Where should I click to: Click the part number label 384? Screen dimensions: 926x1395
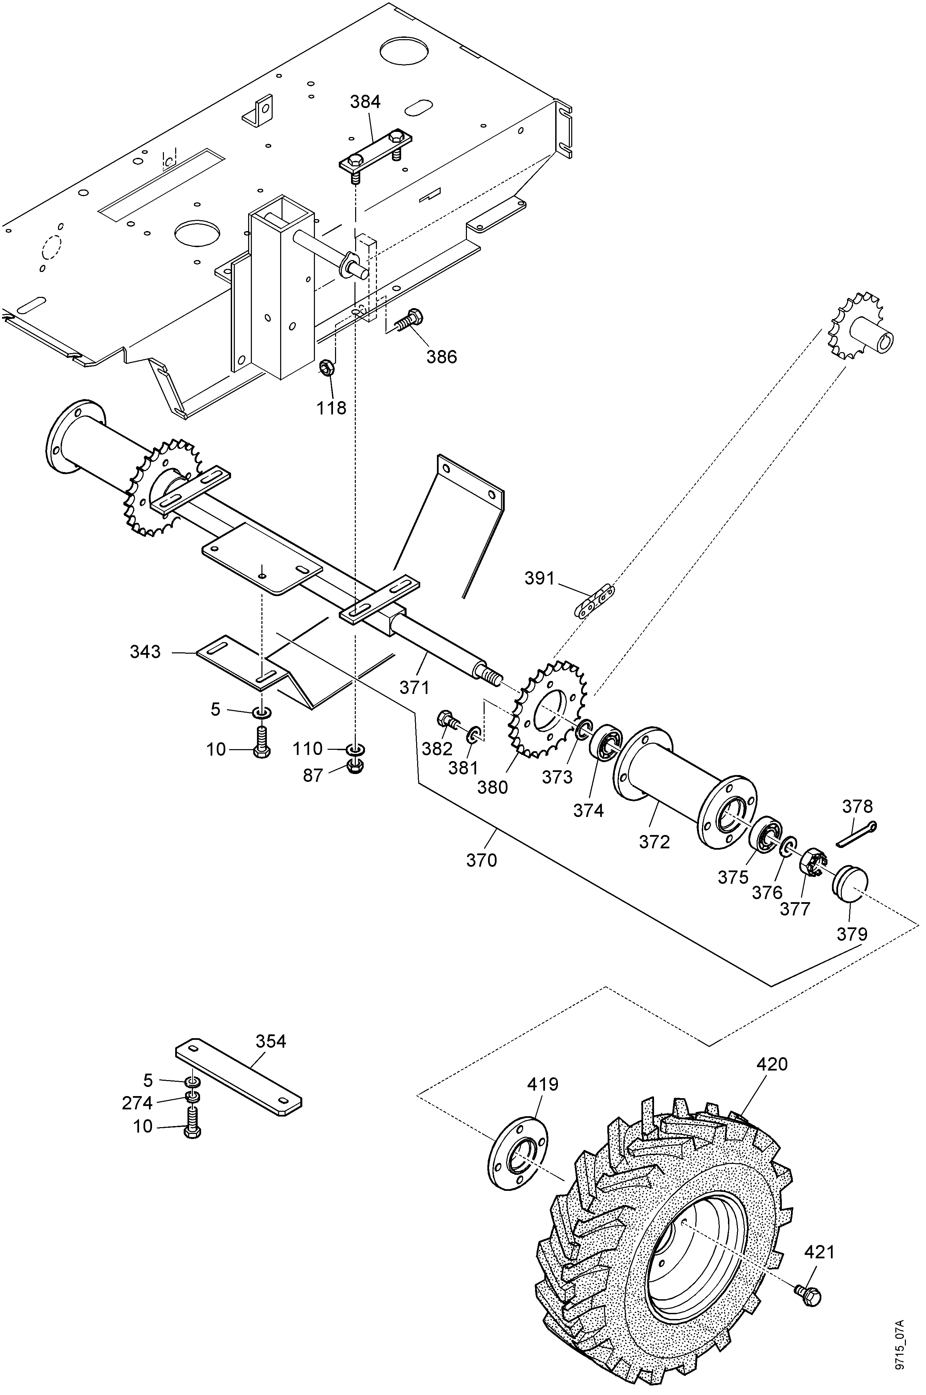[366, 102]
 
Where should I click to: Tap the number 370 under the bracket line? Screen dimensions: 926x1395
[482, 861]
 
